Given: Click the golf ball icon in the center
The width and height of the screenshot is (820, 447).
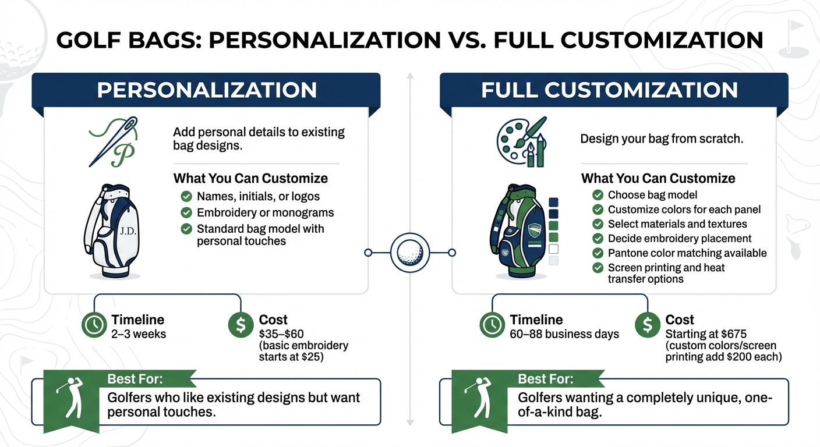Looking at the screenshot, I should coord(409,253).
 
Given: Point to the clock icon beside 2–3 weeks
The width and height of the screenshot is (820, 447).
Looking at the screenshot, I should coord(94,326).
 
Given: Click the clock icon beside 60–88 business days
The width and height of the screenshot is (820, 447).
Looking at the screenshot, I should coord(492,326).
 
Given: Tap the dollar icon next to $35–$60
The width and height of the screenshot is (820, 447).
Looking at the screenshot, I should coord(241,326).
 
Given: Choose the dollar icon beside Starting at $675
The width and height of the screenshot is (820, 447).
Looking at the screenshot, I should coord(647,326).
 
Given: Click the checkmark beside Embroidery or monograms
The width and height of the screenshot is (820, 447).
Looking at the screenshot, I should coord(186,212).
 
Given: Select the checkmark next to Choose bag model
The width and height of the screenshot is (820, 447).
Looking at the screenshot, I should coord(598,195).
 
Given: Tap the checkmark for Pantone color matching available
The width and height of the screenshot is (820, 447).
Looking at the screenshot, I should coord(598,253).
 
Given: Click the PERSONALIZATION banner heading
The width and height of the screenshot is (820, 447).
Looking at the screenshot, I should coord(207,90).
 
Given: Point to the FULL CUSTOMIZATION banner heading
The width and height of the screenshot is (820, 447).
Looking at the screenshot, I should coord(610,90).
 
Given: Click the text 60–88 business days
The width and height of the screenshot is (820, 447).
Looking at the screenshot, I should coord(564,334).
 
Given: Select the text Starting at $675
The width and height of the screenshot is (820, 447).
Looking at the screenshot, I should coord(706,334).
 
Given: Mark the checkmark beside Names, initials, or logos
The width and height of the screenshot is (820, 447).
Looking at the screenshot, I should coord(186,196).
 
